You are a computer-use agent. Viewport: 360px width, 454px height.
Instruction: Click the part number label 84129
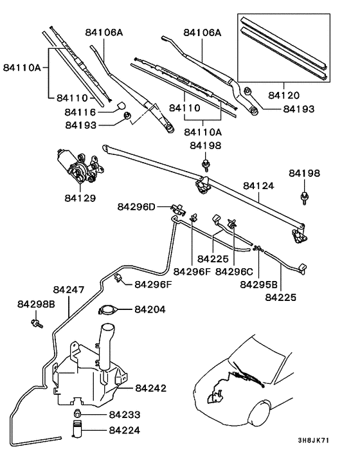[79, 198]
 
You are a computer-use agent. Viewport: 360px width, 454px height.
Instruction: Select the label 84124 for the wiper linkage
[258, 186]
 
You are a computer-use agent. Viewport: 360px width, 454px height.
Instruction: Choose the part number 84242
[150, 388]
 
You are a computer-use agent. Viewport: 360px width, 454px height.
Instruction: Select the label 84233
[124, 415]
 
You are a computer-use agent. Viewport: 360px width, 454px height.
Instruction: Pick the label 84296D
[136, 206]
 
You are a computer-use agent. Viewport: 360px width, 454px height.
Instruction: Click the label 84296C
[235, 271]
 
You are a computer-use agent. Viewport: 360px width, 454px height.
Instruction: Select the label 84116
[80, 112]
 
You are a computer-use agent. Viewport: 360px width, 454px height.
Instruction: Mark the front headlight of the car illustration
[262, 409]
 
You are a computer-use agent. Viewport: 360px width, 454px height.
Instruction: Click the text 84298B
[36, 304]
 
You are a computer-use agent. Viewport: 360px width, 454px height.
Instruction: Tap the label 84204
[150, 309]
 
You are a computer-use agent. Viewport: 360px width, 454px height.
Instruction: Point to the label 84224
[124, 430]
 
